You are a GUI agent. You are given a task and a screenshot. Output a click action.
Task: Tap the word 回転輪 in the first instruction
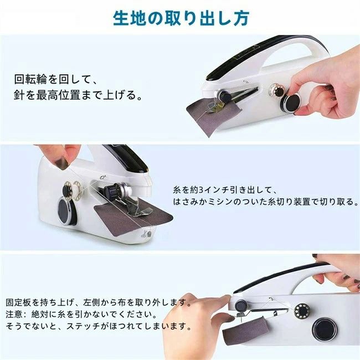30,80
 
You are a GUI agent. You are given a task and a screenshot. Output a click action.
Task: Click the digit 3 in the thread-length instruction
200,190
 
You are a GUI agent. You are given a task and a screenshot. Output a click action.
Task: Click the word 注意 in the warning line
14,314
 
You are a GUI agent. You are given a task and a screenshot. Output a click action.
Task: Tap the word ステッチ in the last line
83,326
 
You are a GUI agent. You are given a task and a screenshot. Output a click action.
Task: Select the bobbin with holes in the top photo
276,90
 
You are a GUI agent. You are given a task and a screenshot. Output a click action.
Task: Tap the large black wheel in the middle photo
66,210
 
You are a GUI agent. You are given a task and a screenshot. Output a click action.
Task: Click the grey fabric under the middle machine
132,216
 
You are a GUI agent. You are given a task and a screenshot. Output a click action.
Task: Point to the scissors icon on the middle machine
144,234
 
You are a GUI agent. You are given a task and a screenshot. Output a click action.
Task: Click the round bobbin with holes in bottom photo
302,311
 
